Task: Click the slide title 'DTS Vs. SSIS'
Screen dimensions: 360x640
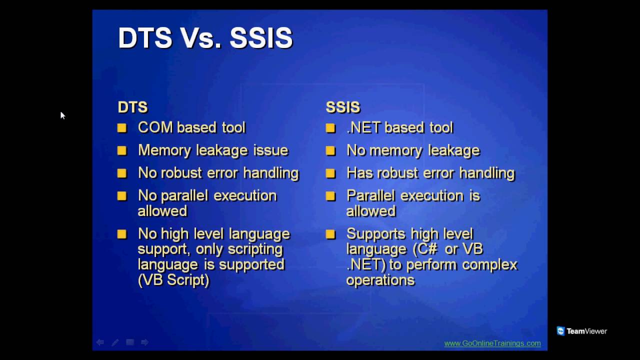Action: coord(205,38)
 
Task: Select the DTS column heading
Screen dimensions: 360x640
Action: coord(132,107)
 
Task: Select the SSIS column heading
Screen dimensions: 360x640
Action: coord(343,107)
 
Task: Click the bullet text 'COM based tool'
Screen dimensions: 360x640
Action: coord(191,127)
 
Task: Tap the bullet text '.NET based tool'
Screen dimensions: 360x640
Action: coord(399,127)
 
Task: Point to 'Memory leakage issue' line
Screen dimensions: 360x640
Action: coord(213,150)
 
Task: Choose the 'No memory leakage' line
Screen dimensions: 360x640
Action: coord(413,150)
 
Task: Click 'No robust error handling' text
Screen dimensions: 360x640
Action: coord(218,173)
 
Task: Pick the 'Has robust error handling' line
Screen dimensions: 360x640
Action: coord(430,173)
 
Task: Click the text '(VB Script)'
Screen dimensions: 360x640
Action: coord(173,280)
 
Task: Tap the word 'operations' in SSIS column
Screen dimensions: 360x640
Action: coord(380,280)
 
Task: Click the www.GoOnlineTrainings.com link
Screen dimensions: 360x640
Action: coord(492,343)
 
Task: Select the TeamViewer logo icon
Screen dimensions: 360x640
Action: coord(560,331)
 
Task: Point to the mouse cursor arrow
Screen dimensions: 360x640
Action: coord(62,115)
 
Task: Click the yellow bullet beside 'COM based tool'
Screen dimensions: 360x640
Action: coord(122,128)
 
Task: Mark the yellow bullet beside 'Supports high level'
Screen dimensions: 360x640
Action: coord(330,234)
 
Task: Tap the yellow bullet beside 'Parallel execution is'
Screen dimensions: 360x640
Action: coord(330,196)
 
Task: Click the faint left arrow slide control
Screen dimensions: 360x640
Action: coord(100,342)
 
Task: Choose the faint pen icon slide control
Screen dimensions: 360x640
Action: coord(115,342)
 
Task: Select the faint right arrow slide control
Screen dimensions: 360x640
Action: coord(144,342)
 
